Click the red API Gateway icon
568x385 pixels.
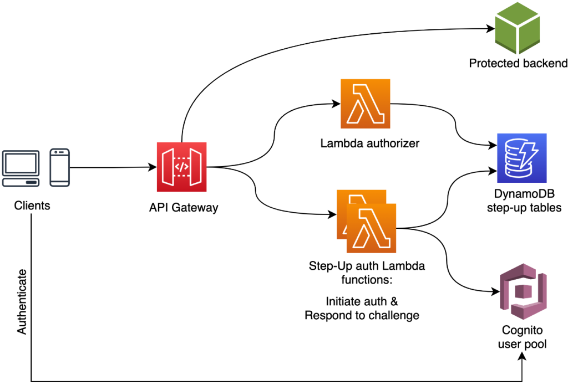pyautogui.click(x=181, y=166)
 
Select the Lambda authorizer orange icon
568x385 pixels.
pyautogui.click(x=365, y=104)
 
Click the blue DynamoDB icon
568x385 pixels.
pyautogui.click(x=522, y=158)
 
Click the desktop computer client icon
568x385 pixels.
pyautogui.click(x=21, y=167)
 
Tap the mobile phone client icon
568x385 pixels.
pyautogui.click(x=59, y=167)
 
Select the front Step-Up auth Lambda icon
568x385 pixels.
pyautogui.click(x=371, y=228)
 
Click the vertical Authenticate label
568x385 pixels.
pyautogui.click(x=22, y=302)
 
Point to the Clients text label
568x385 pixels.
pyautogui.click(x=32, y=206)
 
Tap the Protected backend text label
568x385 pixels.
pyautogui.click(x=518, y=63)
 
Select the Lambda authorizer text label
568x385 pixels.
pyautogui.click(x=369, y=143)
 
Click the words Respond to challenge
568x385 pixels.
pyautogui.click(x=362, y=316)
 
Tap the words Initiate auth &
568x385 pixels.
pyautogui.click(x=362, y=302)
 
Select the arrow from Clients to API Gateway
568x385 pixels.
pyautogui.click(x=111, y=167)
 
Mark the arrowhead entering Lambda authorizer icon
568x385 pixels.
pyautogui.click(x=335, y=104)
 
